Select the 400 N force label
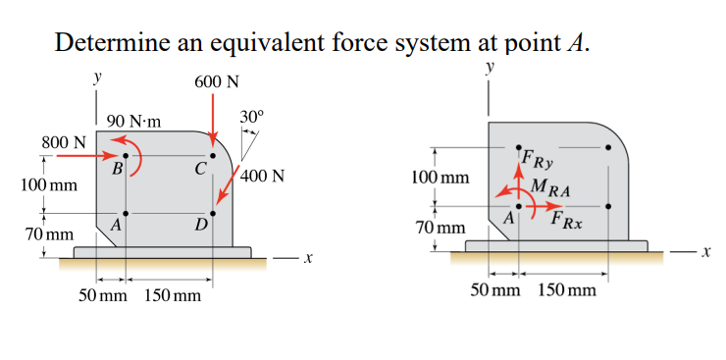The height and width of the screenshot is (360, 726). (x=262, y=178)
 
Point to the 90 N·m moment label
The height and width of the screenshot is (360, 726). (x=134, y=123)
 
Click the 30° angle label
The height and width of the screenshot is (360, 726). (x=251, y=118)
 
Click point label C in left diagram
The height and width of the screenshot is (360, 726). (x=199, y=168)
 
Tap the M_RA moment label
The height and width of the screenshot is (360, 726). (x=550, y=187)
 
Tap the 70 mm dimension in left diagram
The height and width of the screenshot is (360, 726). (x=49, y=235)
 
